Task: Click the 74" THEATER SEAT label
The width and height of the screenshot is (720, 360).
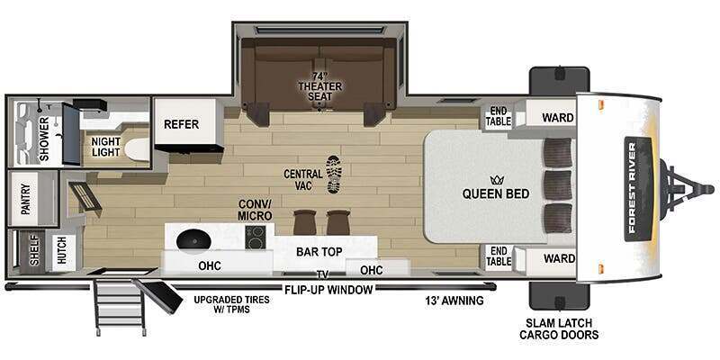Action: click(x=320, y=85)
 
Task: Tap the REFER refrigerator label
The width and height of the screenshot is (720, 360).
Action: click(x=182, y=124)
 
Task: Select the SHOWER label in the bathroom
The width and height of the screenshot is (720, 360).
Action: click(x=44, y=139)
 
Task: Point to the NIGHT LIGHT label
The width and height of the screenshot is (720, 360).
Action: click(x=105, y=147)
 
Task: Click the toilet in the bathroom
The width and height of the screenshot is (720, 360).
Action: click(x=137, y=149)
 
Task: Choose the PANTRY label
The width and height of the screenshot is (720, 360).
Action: click(x=25, y=199)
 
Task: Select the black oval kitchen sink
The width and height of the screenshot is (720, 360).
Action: click(x=193, y=238)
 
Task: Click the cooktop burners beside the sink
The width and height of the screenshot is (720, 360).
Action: click(x=255, y=238)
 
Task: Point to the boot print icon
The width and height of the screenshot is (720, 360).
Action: click(x=334, y=174)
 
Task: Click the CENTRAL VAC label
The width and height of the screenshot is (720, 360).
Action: click(x=303, y=179)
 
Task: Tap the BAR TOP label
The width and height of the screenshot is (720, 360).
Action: click(x=319, y=252)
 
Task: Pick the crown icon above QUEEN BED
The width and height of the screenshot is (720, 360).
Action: click(x=496, y=180)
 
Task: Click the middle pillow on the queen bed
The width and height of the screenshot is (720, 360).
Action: click(x=557, y=185)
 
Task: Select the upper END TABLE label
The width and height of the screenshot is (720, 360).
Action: click(x=499, y=117)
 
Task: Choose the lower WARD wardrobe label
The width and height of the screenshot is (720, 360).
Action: click(x=559, y=259)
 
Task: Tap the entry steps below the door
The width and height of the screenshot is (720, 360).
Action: click(x=121, y=304)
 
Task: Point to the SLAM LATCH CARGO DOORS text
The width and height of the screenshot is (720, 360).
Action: click(x=559, y=328)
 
